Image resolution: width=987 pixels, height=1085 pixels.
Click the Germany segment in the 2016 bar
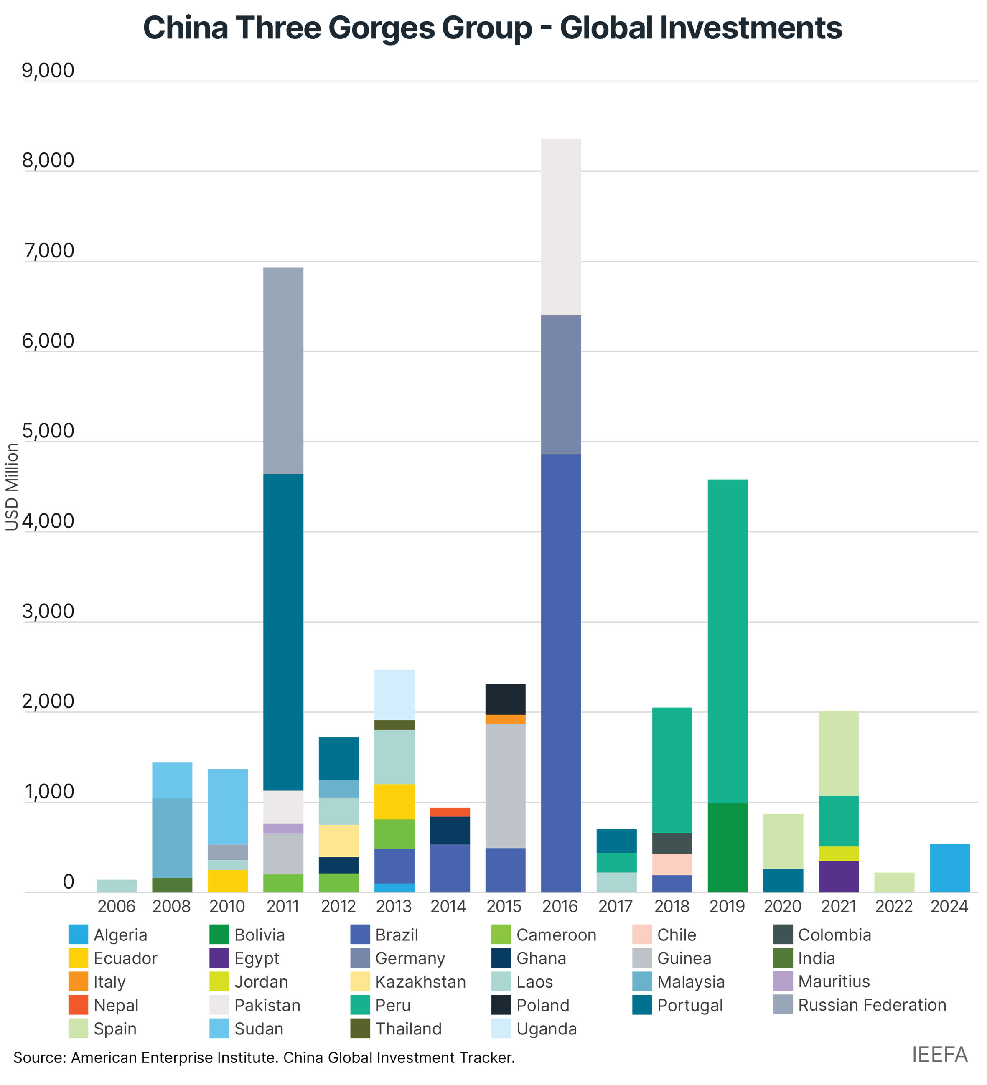pos(560,384)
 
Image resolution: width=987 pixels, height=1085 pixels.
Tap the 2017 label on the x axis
pos(616,906)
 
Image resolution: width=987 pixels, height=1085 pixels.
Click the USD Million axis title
pos(12,487)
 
